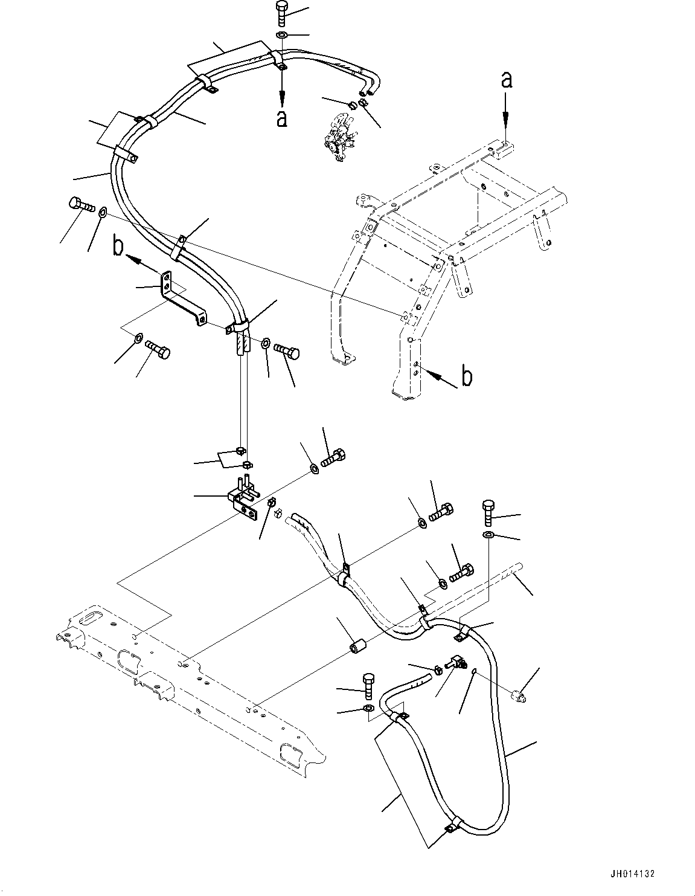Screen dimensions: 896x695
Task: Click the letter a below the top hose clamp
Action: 281,118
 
